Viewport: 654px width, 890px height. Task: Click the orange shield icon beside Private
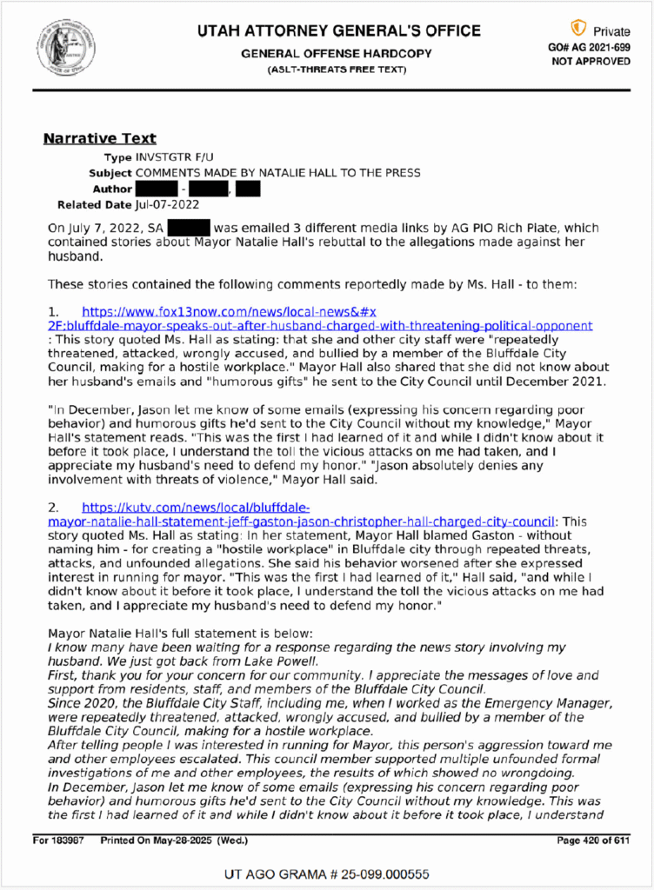(577, 29)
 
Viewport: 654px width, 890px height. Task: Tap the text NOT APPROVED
(591, 62)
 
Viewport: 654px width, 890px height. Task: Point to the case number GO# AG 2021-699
(591, 47)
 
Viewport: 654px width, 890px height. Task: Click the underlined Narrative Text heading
(100, 138)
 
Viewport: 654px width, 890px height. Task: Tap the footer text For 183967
(60, 840)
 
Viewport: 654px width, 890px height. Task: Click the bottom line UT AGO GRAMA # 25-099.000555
(327, 873)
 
